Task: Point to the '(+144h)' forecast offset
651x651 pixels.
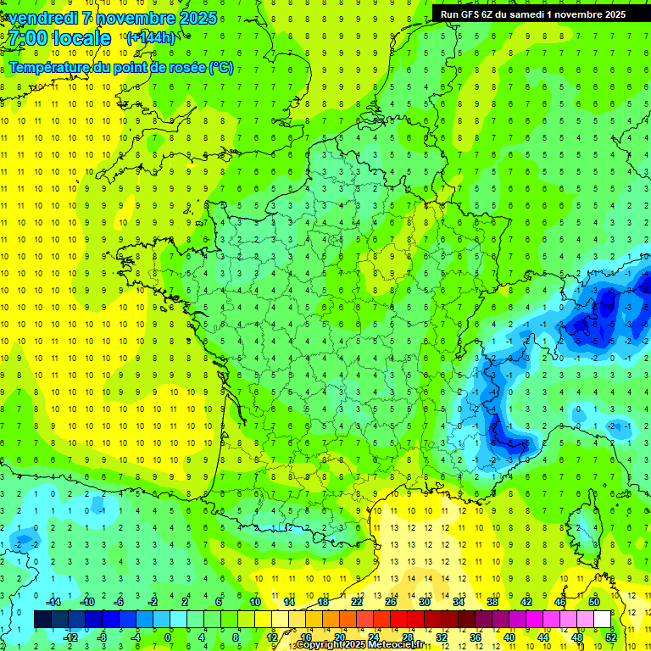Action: [x=150, y=37]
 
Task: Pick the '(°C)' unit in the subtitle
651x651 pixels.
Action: [x=221, y=68]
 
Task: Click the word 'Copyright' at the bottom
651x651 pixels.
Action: [x=320, y=645]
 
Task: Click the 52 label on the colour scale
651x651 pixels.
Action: [x=611, y=637]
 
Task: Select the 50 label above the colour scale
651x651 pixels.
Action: [x=593, y=602]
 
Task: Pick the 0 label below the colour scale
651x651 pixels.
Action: [x=168, y=637]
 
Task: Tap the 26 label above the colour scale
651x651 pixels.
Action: [x=390, y=602]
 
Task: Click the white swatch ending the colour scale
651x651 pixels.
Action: [x=602, y=620]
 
